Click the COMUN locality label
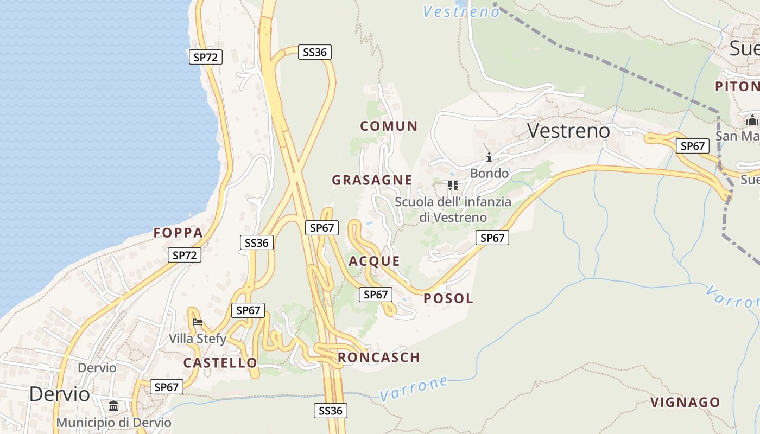(x=389, y=126)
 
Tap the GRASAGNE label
(x=372, y=180)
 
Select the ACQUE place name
(x=374, y=261)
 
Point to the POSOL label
(x=448, y=298)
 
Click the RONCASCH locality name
(x=379, y=358)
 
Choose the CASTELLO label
(x=220, y=363)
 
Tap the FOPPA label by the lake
(x=178, y=233)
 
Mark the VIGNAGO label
(x=685, y=403)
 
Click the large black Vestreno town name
(x=568, y=131)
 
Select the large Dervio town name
(x=60, y=394)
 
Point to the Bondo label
(x=489, y=174)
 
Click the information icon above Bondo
(x=489, y=158)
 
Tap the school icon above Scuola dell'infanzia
(x=453, y=186)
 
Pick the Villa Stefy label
(x=197, y=339)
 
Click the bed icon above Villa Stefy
(x=198, y=322)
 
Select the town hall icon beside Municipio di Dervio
(x=113, y=406)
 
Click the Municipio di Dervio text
(x=114, y=423)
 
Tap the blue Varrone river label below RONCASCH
(x=414, y=388)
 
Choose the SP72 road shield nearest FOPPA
(x=185, y=255)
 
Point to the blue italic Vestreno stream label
(x=461, y=12)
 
